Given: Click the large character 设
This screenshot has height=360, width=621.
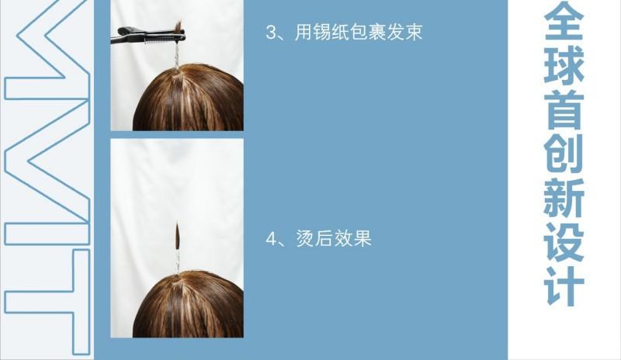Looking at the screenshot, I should coord(564,250).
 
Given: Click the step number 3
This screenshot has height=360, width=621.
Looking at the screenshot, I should coord(272,34).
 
